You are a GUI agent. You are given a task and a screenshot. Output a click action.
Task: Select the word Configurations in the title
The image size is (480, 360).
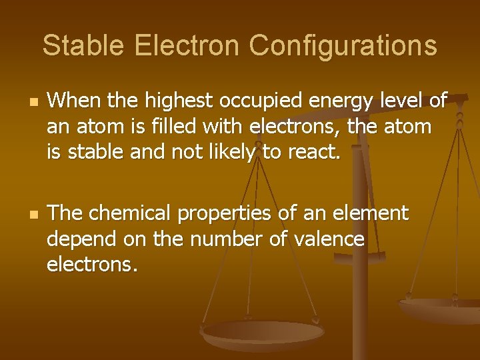(343, 45)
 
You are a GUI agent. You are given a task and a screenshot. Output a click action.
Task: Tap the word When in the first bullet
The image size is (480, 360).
(72, 101)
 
